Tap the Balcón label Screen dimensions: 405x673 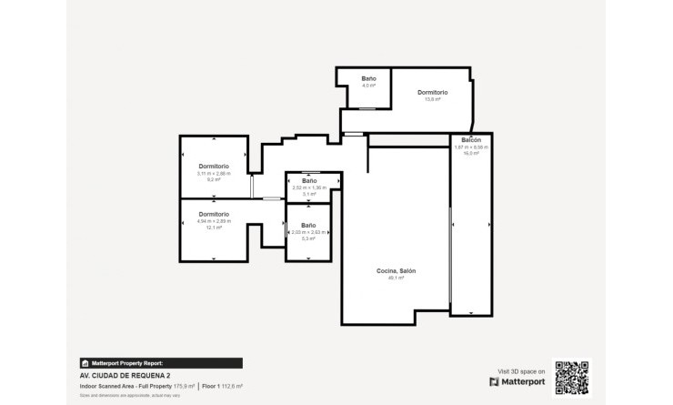471,140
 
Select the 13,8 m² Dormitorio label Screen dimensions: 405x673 432,93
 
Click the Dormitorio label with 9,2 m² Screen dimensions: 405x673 214,166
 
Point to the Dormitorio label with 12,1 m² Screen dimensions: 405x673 214,214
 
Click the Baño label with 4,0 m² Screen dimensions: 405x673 367,80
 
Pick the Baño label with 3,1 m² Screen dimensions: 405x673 309,180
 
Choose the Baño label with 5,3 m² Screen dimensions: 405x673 309,225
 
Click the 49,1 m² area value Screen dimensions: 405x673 397,278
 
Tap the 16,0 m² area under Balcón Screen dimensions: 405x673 471,153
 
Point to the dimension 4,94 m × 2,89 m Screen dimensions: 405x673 214,221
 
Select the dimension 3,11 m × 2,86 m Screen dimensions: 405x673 214,173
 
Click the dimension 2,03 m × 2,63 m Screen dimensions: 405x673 309,232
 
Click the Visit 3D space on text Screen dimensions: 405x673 521,370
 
